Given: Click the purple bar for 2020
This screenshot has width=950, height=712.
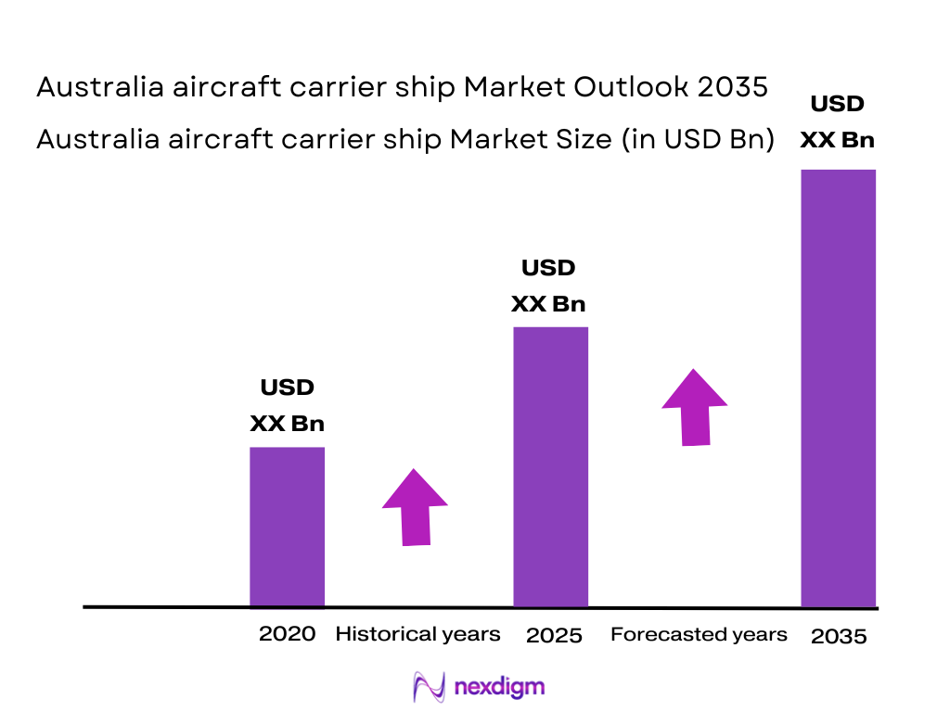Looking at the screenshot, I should tap(287, 527).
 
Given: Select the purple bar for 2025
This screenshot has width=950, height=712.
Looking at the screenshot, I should tap(550, 466).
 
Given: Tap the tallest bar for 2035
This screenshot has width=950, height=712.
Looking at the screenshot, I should tap(838, 388).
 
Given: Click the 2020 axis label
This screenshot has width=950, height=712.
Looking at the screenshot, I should tap(287, 634).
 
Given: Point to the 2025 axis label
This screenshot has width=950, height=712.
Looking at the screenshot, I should tap(554, 636).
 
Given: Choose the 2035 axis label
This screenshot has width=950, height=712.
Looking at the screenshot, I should tap(839, 637).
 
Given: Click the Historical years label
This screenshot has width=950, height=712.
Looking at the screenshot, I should tap(417, 634).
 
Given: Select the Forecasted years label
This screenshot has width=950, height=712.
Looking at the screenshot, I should tap(699, 634).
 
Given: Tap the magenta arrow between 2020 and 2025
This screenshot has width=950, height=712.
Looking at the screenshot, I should tap(415, 507).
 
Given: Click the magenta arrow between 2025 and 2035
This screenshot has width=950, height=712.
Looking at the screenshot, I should tap(694, 407).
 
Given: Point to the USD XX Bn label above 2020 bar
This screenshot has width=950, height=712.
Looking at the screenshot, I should tap(287, 405).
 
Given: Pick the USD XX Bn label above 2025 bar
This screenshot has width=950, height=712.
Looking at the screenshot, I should tap(548, 286).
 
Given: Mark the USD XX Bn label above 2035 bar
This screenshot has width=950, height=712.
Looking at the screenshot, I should tap(837, 121).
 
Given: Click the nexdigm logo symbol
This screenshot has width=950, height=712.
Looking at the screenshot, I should tap(429, 686).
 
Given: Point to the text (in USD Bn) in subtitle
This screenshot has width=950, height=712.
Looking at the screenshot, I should tap(694, 139).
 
